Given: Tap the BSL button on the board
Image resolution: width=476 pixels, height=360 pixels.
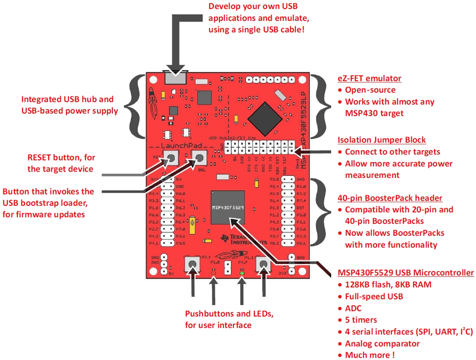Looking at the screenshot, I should [x=200, y=158].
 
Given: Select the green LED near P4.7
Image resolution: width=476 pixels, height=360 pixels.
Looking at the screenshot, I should [x=242, y=273].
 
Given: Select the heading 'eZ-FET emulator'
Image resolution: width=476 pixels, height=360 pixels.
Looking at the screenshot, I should [x=369, y=78].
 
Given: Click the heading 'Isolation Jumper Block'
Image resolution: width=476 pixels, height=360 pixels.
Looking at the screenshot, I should [x=382, y=140].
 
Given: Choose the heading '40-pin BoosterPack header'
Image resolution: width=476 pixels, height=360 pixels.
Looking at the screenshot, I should [x=390, y=198].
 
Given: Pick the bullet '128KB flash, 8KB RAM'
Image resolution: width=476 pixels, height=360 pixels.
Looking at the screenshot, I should [x=388, y=284].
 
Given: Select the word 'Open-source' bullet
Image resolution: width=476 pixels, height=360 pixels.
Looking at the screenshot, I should [x=370, y=90].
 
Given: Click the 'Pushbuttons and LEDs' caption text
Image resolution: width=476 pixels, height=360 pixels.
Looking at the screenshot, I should [x=229, y=314].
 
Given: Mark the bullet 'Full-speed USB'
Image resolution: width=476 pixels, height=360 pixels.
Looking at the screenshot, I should [x=374, y=296].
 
